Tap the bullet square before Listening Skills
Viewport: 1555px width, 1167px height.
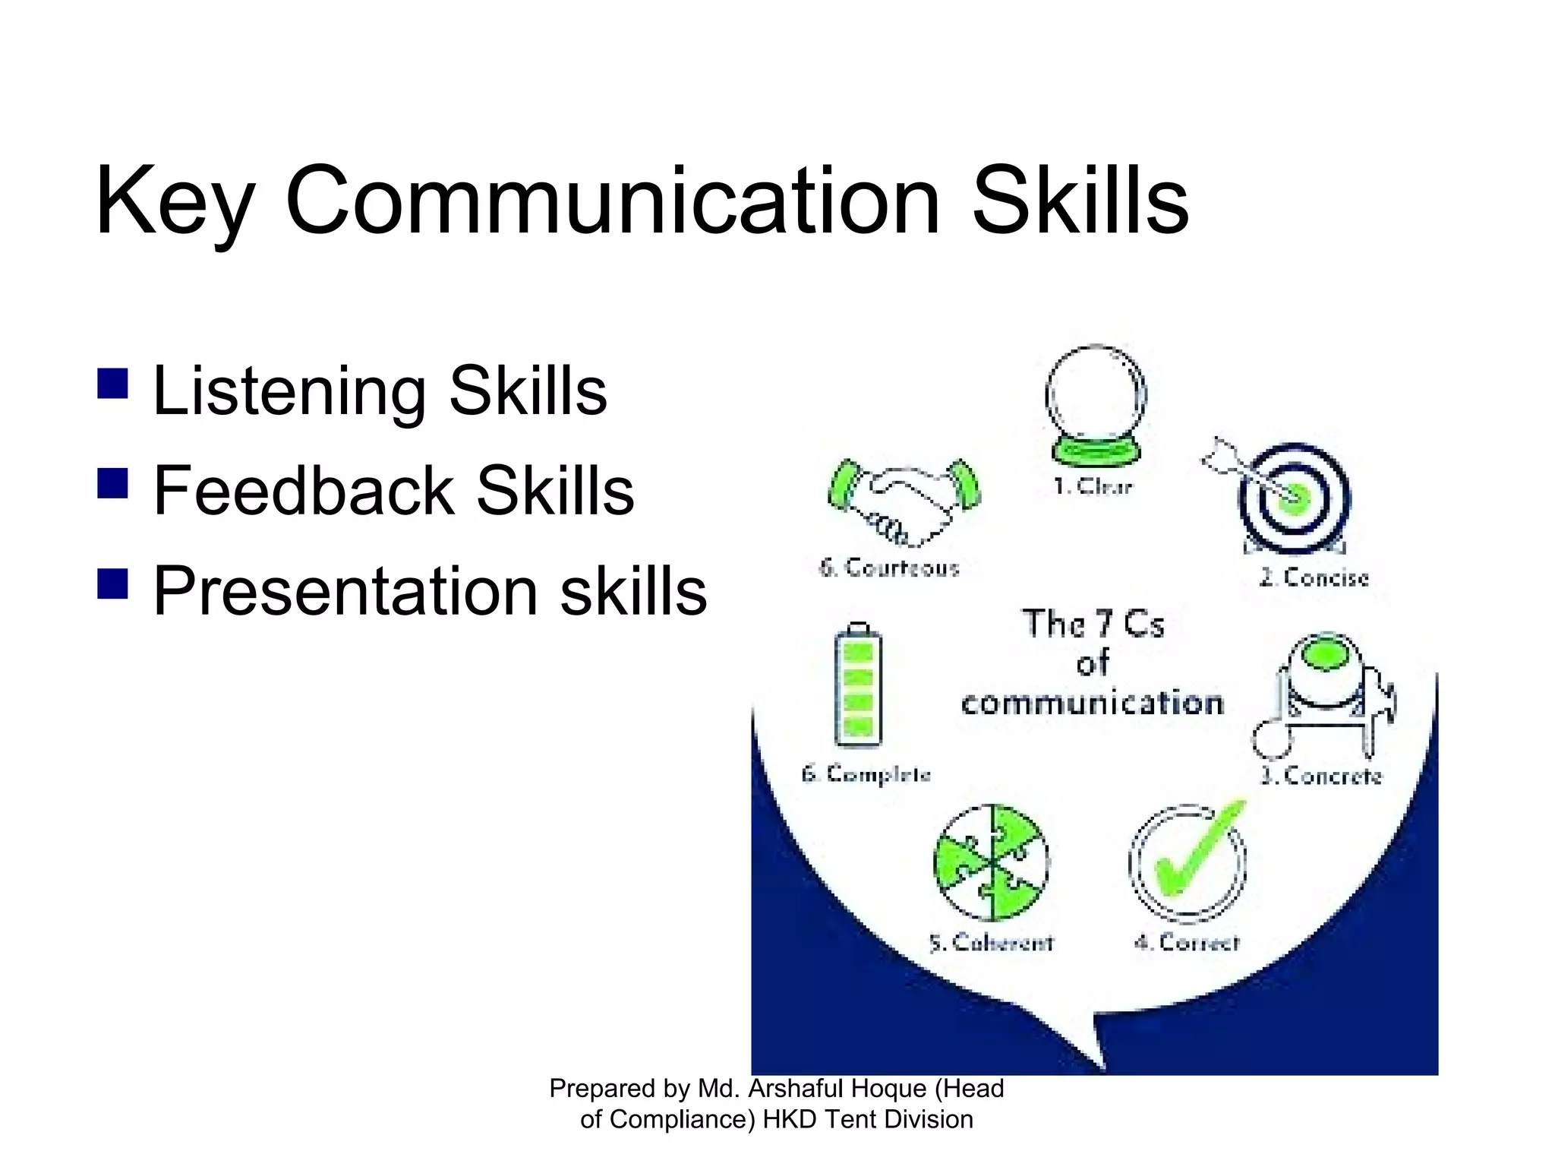112,384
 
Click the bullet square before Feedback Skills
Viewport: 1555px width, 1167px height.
112,483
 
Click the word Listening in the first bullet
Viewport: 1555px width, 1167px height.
289,392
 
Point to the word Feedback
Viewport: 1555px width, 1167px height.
303,491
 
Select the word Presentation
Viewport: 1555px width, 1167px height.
345,592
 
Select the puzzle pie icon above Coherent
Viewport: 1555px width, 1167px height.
991,863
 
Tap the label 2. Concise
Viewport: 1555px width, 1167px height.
1314,578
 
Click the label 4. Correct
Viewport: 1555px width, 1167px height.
1187,943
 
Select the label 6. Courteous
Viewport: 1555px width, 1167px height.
889,568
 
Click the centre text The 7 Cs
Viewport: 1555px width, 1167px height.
1093,625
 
